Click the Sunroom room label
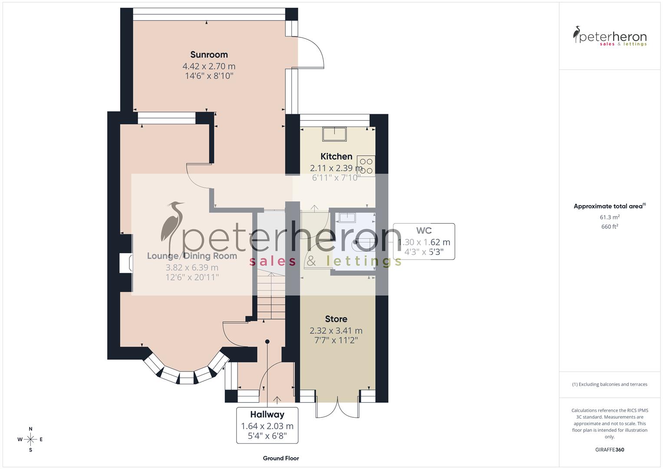(209, 55)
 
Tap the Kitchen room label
(336, 156)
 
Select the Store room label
(336, 319)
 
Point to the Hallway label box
(267, 425)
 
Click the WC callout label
(424, 241)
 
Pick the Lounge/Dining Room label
(192, 256)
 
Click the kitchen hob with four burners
(366, 166)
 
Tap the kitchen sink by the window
(334, 134)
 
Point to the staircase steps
(270, 295)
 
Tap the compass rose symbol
(30, 439)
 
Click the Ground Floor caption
(281, 458)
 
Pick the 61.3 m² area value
(610, 217)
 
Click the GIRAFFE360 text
(610, 450)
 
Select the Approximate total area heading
(609, 206)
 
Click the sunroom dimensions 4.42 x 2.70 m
(209, 66)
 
